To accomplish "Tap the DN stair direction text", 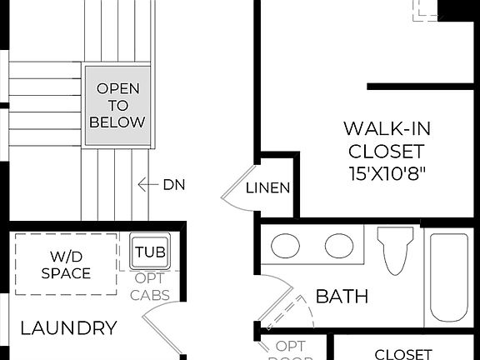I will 173,184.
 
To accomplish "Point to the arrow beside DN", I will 147,184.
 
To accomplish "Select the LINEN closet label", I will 268,187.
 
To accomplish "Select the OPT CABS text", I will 150,285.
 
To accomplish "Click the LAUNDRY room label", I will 68,327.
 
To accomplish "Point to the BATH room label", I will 342,296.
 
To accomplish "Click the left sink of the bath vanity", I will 287,247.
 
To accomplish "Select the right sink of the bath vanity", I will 338,247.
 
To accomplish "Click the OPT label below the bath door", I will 291,346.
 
